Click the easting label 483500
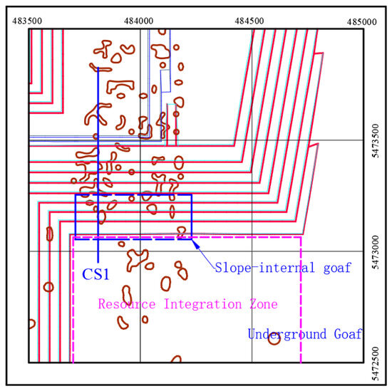[x=27, y=21]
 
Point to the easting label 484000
[x=138, y=21]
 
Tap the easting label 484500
[x=249, y=21]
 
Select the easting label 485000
[x=362, y=22]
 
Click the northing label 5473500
[x=376, y=141]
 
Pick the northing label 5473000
[x=376, y=252]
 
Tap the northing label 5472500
[x=376, y=363]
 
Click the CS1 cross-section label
[x=96, y=274]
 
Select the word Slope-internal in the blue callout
[x=264, y=267]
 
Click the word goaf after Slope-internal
[x=338, y=267]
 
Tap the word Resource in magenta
[x=127, y=304]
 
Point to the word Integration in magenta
[x=203, y=305]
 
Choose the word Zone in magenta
[x=264, y=304]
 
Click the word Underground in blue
[x=287, y=334]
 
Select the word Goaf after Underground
[x=349, y=334]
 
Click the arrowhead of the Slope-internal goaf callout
[x=195, y=243]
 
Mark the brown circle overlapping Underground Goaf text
[x=274, y=338]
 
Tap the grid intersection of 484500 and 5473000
[x=252, y=251]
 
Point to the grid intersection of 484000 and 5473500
[x=140, y=140]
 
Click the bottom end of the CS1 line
[x=98, y=262]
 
